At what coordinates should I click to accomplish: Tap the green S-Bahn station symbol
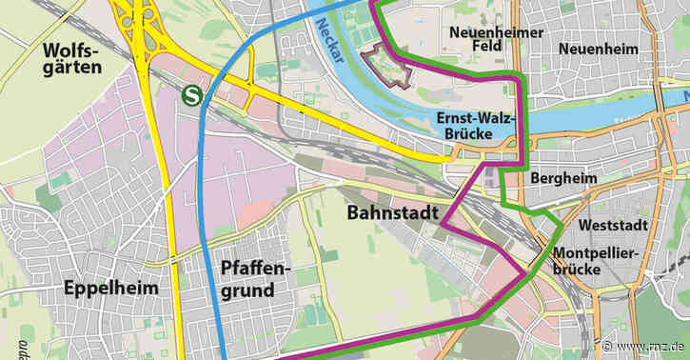click(193, 95)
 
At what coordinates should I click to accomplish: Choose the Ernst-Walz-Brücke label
click(476, 126)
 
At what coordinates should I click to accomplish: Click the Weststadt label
click(612, 225)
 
